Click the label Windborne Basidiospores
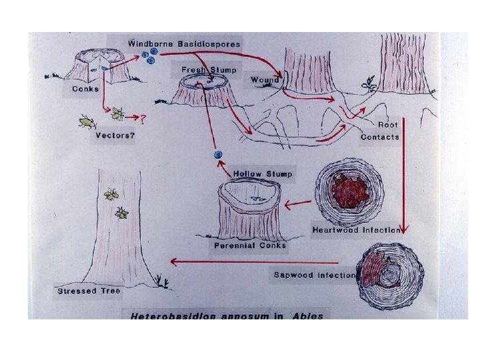(185, 43)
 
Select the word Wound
(265, 81)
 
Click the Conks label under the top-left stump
(85, 88)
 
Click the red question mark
(141, 119)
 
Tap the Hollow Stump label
(262, 174)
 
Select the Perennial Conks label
(250, 245)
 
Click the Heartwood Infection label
(356, 230)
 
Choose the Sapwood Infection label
(315, 275)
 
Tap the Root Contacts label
(381, 131)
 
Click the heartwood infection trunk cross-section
(350, 192)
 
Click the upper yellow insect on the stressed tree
(111, 195)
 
